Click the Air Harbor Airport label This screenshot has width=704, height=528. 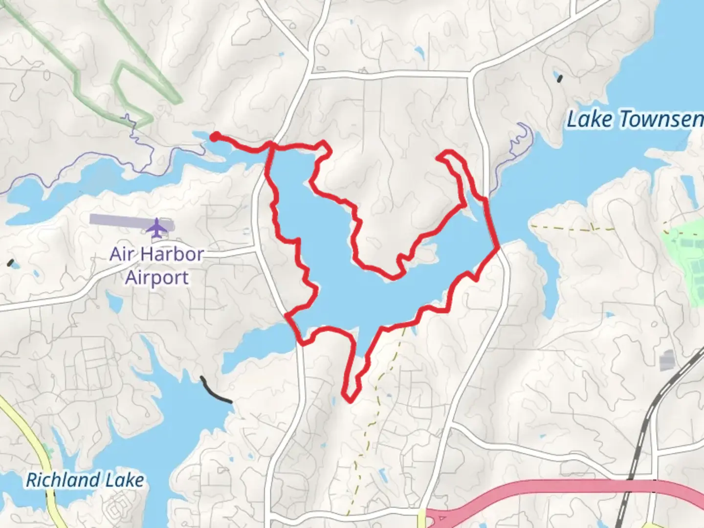coord(156,265)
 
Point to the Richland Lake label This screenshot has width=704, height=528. coord(85,480)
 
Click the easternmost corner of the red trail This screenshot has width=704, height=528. coord(498,248)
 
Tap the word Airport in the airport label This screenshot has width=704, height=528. coord(156,277)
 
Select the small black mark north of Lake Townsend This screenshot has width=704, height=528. coord(560,78)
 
